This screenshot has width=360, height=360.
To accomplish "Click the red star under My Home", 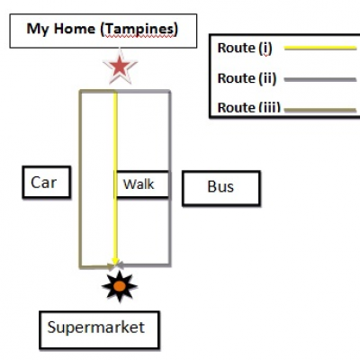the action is point(120,67).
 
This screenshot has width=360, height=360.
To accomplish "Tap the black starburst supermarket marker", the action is point(120,286).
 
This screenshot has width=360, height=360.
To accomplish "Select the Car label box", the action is point(47,182).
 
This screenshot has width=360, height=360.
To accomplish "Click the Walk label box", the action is point(141,184).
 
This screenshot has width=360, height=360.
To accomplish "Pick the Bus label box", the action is point(221,188).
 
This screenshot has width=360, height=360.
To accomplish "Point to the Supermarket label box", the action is point(99,330).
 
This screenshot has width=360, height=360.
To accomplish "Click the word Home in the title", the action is point(75,29).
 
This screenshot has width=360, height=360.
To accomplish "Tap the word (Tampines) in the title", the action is point(139,30).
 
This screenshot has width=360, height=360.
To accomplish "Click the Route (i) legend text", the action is point(245,48).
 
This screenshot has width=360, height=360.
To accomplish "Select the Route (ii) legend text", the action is point(247,78).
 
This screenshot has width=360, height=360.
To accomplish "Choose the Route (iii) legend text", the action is point(248,107).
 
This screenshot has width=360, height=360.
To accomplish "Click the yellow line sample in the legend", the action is point(320,48).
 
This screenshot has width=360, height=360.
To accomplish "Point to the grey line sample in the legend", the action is point(320,80).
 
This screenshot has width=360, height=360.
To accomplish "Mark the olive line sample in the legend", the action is point(320,110).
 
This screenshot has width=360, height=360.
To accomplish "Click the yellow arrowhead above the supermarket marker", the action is point(115,260).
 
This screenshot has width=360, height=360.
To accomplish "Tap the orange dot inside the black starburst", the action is point(120,286).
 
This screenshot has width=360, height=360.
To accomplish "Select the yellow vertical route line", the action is point(115,177).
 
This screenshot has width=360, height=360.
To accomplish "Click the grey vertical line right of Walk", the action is point(169,177).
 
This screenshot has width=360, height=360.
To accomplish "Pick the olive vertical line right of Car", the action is point(81,178).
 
